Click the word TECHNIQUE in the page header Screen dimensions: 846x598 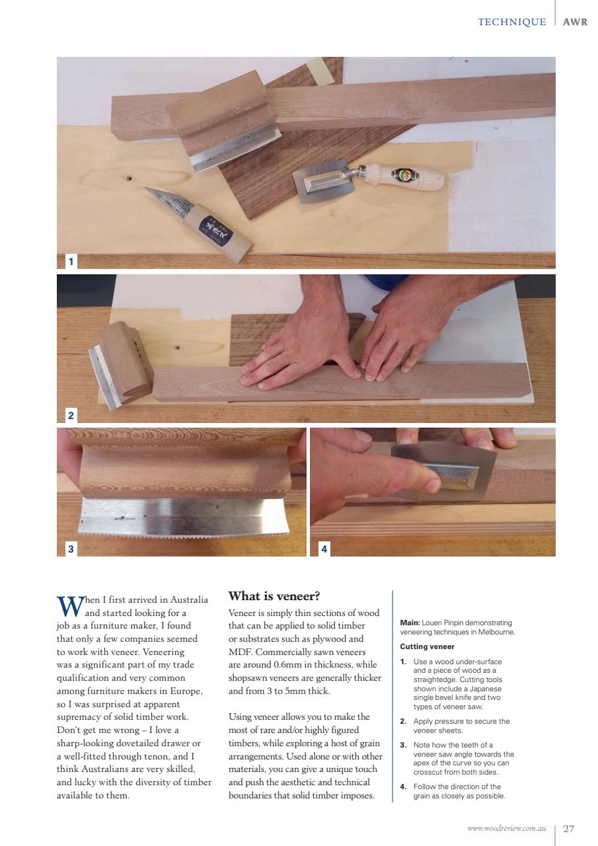click(511, 22)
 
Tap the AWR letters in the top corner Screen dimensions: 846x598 click(575, 22)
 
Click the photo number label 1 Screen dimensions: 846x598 click(71, 262)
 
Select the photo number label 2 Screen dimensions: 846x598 click(71, 415)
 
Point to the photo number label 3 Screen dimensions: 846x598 click(71, 549)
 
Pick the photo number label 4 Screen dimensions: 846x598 click(324, 549)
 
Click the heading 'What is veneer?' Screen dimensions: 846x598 click(274, 596)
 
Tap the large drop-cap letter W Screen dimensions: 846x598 click(69, 605)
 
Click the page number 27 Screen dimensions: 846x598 click(568, 828)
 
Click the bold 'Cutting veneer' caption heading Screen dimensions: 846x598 click(428, 646)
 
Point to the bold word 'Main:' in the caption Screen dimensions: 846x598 click(410, 623)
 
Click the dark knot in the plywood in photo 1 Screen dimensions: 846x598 click(129, 178)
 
